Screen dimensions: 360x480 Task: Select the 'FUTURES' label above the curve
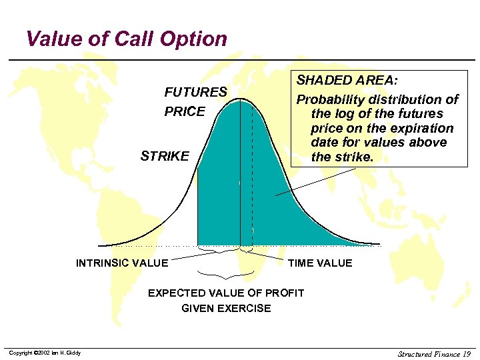[195, 92]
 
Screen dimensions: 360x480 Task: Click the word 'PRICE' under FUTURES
[185, 111]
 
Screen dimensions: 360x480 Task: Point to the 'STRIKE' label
[165, 157]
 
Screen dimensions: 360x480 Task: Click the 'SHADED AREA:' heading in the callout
[347, 81]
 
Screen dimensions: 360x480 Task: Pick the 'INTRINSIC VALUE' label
[122, 263]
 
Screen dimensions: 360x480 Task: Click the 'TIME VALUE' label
[320, 263]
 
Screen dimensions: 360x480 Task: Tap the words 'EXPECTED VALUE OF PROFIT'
[226, 293]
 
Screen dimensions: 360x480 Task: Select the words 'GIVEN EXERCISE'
[226, 308]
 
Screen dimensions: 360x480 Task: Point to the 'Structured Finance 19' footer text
[434, 353]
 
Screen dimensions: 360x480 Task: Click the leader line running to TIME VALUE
[270, 255]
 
